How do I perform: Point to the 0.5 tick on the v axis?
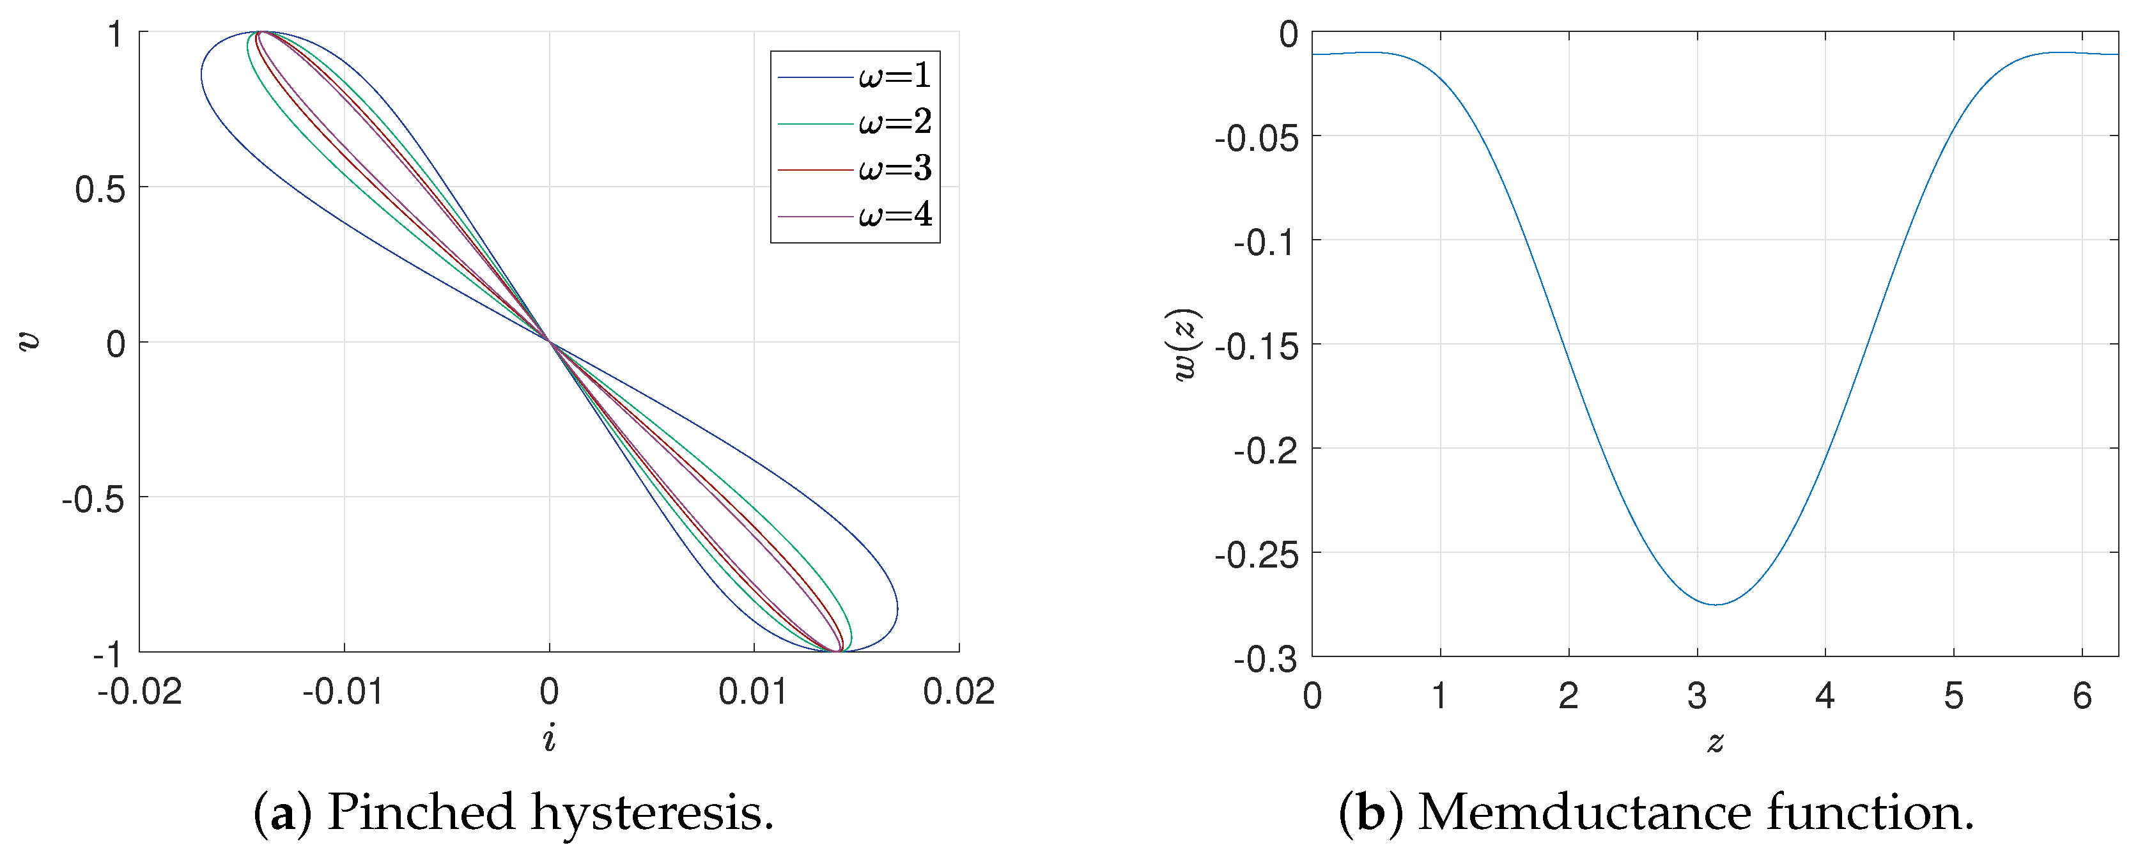[100, 189]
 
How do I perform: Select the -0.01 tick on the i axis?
[343, 691]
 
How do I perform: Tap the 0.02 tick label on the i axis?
[959, 691]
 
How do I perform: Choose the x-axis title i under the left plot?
[548, 738]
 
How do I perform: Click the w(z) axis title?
[1187, 345]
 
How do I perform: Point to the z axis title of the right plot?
[1715, 741]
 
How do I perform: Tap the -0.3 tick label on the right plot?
[1265, 660]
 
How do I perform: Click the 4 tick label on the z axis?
[1824, 695]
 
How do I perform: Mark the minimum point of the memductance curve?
[1715, 604]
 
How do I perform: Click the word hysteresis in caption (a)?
[653, 812]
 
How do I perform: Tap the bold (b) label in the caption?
[1371, 812]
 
